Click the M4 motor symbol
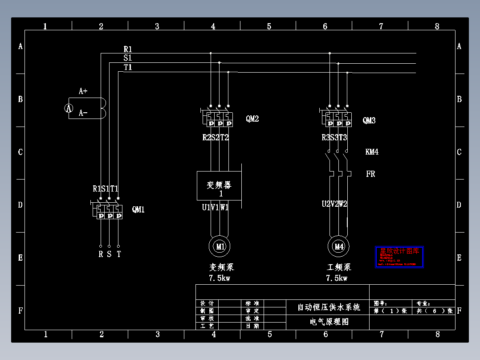[339, 246]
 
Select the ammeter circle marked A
[69, 108]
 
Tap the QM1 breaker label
[138, 209]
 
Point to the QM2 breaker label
[252, 119]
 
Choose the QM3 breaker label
[369, 120]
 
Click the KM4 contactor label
[372, 152]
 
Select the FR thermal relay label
[370, 174]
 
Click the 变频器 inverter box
[220, 186]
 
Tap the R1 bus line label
[128, 49]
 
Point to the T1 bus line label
[128, 67]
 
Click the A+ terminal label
[83, 91]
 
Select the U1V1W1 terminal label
[215, 207]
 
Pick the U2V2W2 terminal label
[334, 204]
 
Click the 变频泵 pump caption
[221, 267]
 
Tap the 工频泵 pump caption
[339, 267]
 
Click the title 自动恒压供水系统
[329, 307]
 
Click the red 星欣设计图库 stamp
[399, 257]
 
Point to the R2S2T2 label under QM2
[216, 138]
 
